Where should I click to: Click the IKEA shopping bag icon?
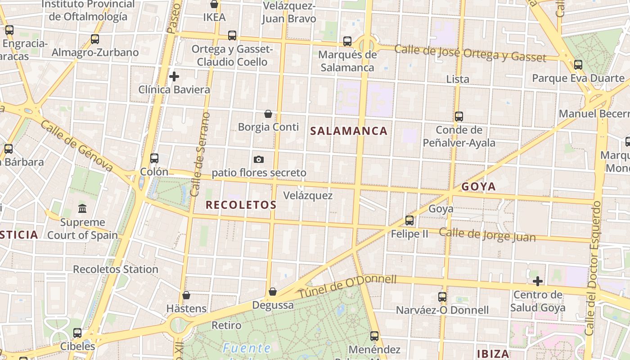click(214, 4)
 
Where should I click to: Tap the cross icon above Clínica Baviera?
click(174, 76)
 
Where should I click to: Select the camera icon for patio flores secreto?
click(258, 159)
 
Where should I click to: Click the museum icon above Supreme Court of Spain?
click(82, 209)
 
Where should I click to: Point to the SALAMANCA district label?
click(349, 131)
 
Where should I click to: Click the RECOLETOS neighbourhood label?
click(241, 205)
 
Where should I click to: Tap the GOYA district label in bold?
click(478, 186)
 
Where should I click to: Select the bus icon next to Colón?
click(154, 158)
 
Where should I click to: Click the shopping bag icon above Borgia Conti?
click(268, 114)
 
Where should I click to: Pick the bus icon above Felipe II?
click(409, 220)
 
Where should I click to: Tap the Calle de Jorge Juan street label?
click(487, 235)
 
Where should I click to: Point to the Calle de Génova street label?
click(76, 145)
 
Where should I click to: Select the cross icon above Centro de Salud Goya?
click(537, 282)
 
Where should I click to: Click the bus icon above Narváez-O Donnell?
click(442, 297)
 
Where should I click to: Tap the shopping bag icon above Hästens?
click(186, 295)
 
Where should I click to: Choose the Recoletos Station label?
click(116, 269)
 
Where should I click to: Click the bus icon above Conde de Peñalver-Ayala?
click(459, 117)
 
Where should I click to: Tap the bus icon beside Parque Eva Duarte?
click(578, 65)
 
